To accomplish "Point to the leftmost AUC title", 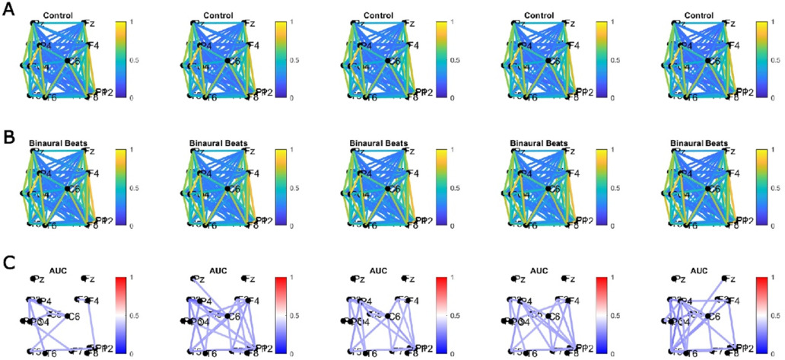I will [x=59, y=270].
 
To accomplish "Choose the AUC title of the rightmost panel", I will [x=700, y=270].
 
